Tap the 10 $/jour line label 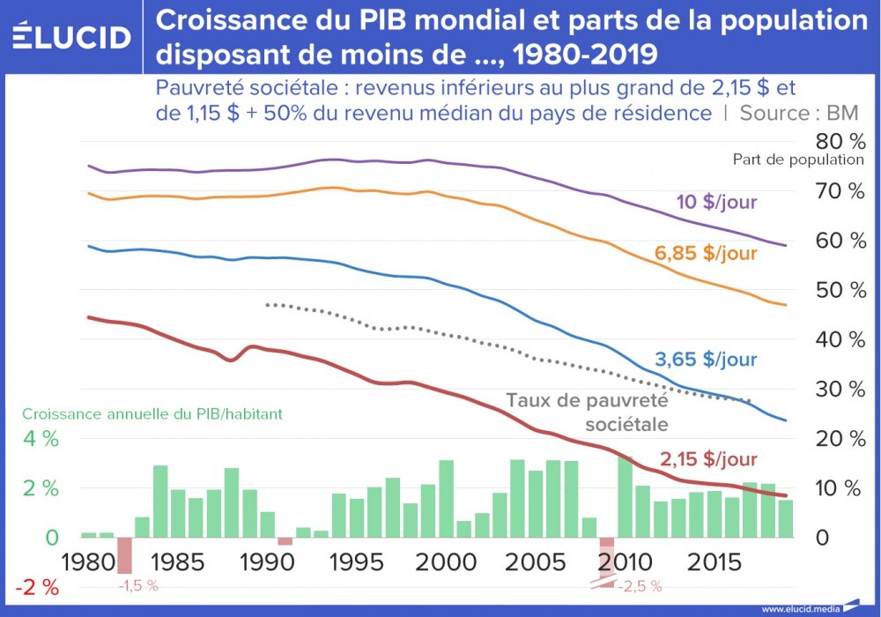click(x=716, y=203)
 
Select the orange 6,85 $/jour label click(x=706, y=254)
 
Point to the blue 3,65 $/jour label click(x=706, y=360)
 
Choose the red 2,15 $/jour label click(x=707, y=459)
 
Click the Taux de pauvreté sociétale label click(x=588, y=412)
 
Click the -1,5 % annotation click(x=137, y=585)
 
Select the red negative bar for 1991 click(x=285, y=541)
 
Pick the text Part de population click(x=798, y=160)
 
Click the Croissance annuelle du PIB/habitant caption click(x=152, y=413)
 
